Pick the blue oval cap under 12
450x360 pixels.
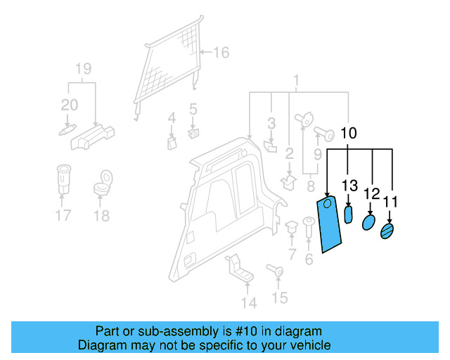click(x=368, y=223)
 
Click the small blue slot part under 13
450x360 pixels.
click(x=349, y=215)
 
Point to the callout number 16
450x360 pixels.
click(x=221, y=53)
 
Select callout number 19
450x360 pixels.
click(x=83, y=69)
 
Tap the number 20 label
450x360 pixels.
click(x=70, y=105)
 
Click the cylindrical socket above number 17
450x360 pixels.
click(x=63, y=179)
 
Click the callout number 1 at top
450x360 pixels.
click(x=297, y=79)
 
